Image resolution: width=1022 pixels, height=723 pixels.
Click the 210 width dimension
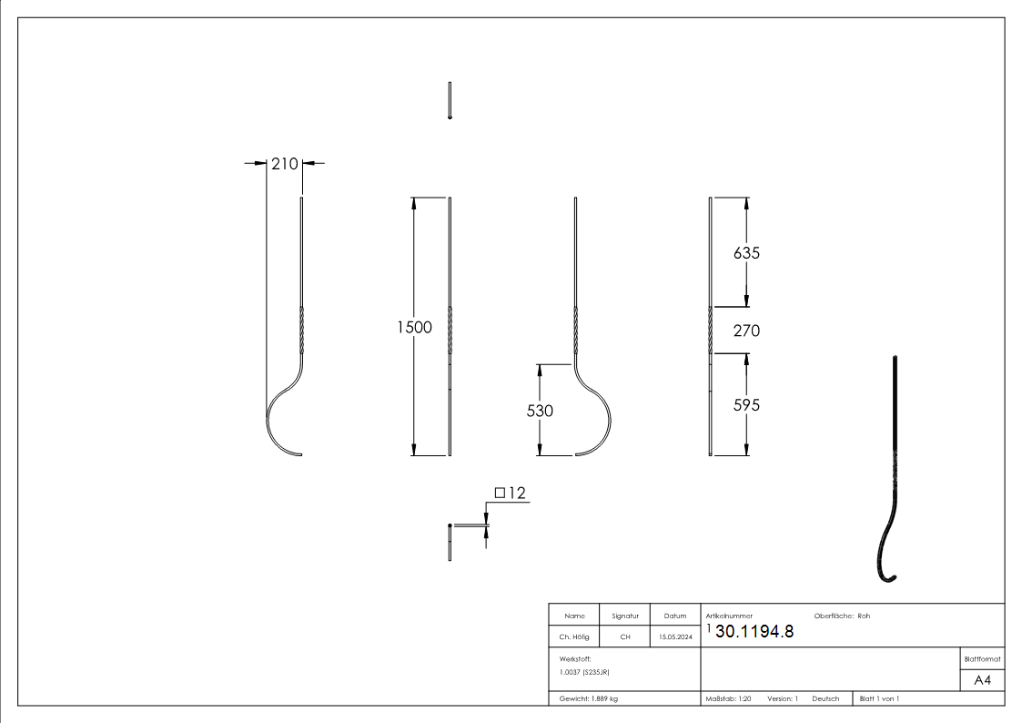[284, 164]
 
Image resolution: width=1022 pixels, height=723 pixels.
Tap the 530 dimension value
[540, 411]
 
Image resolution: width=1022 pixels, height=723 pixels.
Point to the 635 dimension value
[746, 253]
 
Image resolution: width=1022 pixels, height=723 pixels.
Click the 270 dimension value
[746, 331]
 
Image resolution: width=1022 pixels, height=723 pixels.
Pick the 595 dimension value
[746, 405]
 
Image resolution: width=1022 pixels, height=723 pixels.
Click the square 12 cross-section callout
[511, 493]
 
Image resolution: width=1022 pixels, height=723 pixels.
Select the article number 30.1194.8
[754, 632]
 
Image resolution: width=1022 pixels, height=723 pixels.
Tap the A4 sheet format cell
[982, 680]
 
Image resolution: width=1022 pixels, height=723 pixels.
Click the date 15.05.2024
[675, 637]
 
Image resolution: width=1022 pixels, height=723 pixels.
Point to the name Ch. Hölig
[574, 637]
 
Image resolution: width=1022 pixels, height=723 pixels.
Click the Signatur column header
[625, 616]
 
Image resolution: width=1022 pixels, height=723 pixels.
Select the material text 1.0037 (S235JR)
[584, 671]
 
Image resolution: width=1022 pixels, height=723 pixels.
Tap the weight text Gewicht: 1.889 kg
[589, 698]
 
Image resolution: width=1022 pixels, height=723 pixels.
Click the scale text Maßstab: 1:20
[728, 698]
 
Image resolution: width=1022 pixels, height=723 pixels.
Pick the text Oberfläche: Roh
[842, 616]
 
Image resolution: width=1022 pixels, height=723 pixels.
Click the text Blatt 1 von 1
[879, 698]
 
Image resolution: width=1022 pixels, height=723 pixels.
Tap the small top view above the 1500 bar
[450, 100]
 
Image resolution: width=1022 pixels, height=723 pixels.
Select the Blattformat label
[982, 658]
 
